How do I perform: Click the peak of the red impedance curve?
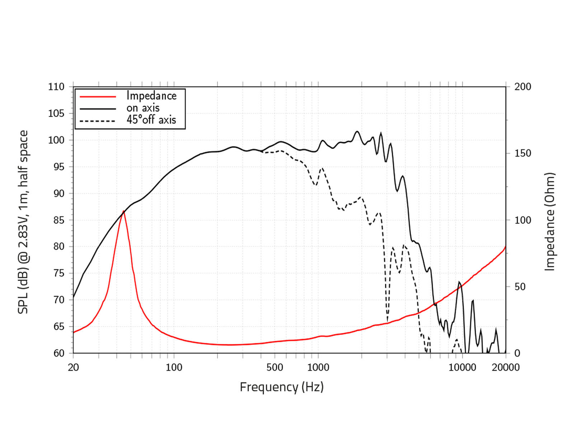(124, 211)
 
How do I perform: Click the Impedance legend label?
(151, 96)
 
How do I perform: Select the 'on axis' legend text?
(143, 108)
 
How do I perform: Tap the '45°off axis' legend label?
(151, 120)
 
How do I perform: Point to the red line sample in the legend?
(98, 96)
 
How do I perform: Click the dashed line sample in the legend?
(98, 121)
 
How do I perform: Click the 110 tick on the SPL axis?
(56, 87)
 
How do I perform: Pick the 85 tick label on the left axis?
(56, 220)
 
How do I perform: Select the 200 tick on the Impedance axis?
(522, 87)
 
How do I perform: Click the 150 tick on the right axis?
(522, 153)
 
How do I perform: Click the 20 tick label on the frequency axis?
(73, 367)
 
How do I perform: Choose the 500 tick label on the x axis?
(275, 367)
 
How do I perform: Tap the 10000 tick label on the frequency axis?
(462, 367)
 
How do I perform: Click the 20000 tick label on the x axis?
(505, 367)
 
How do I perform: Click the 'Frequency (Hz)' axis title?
(282, 387)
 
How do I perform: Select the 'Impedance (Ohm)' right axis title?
(550, 222)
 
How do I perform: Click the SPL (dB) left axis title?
(23, 222)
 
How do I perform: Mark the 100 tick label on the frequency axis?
(174, 367)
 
